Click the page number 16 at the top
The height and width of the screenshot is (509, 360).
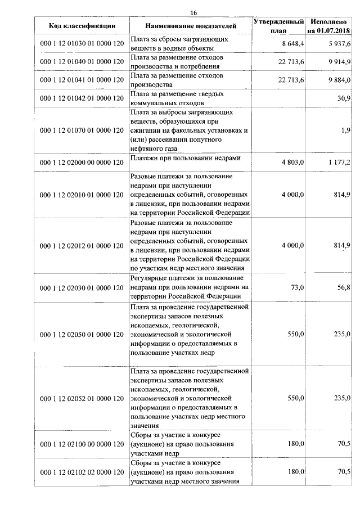pyautogui.click(x=193, y=12)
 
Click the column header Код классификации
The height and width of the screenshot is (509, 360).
pyautogui.click(x=82, y=25)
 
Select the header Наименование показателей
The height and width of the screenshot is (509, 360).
pyautogui.click(x=191, y=25)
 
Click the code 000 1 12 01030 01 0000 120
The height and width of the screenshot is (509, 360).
pyautogui.click(x=82, y=44)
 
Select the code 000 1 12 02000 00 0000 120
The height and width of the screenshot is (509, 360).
pyautogui.click(x=82, y=163)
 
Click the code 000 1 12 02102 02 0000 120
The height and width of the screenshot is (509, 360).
pyautogui.click(x=82, y=472)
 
